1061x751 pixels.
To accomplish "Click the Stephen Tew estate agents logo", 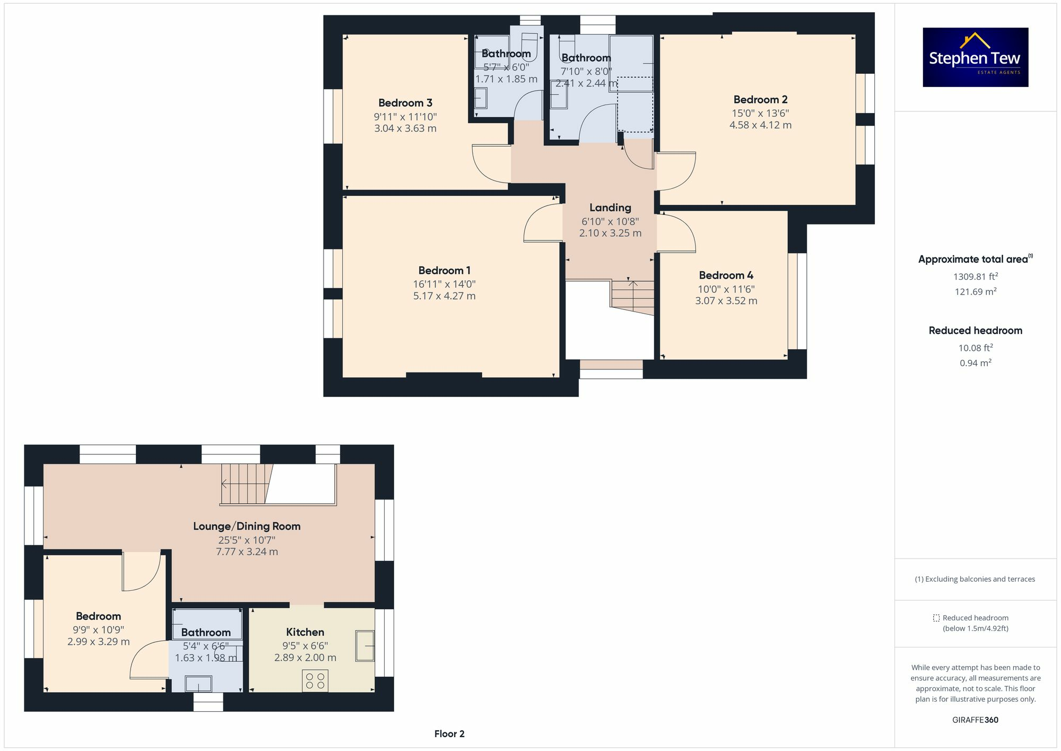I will [975, 57].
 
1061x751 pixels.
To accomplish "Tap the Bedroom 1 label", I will [444, 271].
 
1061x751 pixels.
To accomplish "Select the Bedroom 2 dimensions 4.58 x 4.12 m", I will [760, 125].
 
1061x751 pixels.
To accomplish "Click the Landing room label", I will [610, 208].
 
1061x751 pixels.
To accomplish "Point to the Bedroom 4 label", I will [726, 275].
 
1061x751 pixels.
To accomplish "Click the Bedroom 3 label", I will [405, 103].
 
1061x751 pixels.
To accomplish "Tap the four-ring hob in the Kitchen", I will [315, 681].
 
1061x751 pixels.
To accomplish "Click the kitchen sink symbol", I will [365, 645].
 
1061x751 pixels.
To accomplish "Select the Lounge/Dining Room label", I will [247, 526].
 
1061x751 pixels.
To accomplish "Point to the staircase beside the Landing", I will [633, 297].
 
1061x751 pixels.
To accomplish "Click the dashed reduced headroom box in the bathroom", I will [635, 105].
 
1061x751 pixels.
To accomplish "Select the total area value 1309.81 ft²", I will [975, 277].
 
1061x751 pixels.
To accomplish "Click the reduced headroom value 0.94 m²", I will [975, 363].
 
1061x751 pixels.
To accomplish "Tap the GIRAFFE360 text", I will [975, 720].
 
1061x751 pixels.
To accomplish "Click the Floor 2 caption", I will [449, 734].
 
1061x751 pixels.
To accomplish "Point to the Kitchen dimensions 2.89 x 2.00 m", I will [305, 658].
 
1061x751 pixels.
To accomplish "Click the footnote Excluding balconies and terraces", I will [975, 579].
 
